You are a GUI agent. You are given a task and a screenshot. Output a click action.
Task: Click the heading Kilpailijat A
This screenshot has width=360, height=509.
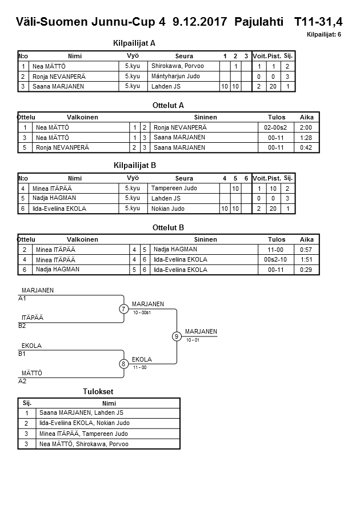(134, 43)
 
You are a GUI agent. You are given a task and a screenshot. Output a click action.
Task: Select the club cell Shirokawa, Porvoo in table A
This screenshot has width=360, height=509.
(177, 66)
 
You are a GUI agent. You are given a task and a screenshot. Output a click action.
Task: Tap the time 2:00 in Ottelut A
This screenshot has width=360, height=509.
(306, 127)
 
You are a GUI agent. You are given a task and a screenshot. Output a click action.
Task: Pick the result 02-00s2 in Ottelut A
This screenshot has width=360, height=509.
(276, 127)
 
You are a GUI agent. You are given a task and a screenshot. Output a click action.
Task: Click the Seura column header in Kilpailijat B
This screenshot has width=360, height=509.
(184, 178)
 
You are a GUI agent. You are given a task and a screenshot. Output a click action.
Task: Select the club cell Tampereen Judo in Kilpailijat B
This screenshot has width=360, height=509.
(174, 188)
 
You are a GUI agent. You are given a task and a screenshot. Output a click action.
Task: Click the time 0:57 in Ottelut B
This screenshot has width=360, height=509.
(306, 250)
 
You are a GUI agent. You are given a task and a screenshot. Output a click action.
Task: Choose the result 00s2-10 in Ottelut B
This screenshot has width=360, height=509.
(276, 259)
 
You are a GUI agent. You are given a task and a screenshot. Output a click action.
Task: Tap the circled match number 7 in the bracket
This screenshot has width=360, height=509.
(123, 309)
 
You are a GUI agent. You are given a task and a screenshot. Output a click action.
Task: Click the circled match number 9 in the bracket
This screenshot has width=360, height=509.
(177, 336)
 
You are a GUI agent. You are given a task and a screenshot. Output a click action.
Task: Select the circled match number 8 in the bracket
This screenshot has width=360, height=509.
(123, 363)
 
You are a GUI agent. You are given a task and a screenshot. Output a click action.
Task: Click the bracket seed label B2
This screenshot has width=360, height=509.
(22, 326)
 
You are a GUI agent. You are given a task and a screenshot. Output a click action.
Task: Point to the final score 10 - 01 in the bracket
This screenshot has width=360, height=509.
(193, 340)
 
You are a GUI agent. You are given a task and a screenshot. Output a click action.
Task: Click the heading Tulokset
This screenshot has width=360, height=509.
(98, 391)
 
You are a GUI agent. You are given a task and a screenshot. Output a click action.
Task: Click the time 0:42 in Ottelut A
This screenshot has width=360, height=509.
(306, 147)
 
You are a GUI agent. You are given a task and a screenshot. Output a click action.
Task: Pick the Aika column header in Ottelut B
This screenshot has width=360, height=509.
(306, 239)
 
